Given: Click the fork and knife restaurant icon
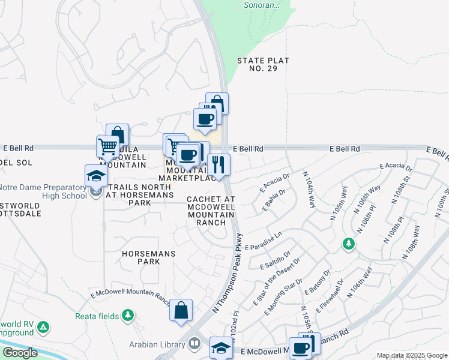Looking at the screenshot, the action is click(218, 164).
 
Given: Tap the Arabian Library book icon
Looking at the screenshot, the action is click(194, 344).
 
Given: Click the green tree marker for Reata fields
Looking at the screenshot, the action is click(127, 315).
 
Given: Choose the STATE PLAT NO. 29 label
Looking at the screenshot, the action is click(263, 65).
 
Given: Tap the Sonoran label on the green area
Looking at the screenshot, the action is click(262, 5).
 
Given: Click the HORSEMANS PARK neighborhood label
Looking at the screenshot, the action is click(149, 257).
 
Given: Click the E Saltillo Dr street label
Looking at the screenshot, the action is click(276, 260).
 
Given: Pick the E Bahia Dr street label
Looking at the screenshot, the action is click(273, 200).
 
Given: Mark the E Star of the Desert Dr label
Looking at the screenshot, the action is click(281, 275).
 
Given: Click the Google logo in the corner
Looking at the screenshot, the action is click(20, 353).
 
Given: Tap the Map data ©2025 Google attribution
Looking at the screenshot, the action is click(412, 355).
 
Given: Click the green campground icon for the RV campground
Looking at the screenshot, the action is click(43, 328).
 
